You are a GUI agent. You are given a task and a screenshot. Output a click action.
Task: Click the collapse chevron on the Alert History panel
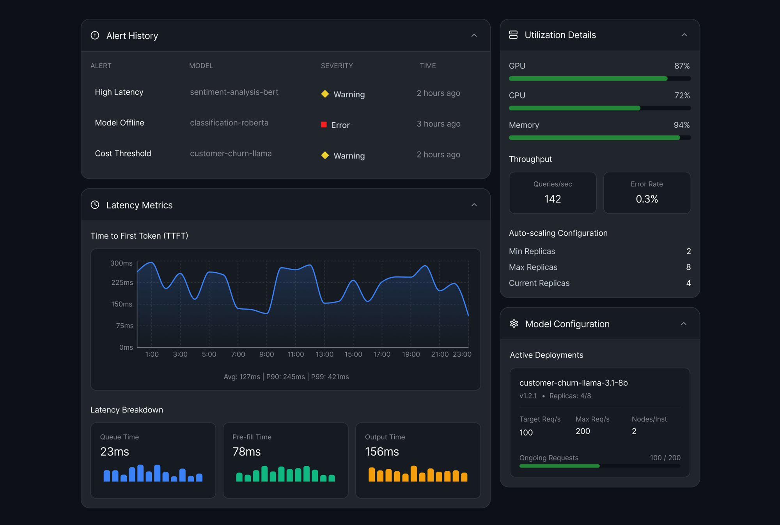pos(474,35)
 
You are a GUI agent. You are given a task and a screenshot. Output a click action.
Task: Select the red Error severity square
pos(324,125)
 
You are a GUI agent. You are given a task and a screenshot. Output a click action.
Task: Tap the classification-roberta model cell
pos(229,123)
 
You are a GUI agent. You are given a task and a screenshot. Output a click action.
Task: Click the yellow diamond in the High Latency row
pos(325,94)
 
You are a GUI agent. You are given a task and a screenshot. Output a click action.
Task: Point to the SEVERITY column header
pos(337,66)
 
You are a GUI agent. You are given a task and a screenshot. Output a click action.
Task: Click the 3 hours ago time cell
pos(438,124)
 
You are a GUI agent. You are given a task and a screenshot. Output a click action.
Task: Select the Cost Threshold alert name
pos(123,153)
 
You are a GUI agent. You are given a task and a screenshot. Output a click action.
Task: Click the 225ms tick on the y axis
pos(122,282)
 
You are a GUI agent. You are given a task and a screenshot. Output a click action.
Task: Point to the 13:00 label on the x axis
pos(324,354)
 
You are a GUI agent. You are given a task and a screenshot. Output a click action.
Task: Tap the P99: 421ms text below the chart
pos(330,377)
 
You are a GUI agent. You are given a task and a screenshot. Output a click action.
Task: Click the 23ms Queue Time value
pos(115,451)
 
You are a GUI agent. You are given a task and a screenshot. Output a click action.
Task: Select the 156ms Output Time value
pos(382,451)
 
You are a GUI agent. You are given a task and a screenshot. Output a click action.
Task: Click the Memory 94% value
pos(681,125)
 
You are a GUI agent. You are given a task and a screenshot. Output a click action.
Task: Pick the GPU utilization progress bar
pos(599,79)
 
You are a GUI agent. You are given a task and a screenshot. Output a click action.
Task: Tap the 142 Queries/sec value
pos(552,199)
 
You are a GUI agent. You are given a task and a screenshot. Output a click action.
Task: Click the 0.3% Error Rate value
pos(647,199)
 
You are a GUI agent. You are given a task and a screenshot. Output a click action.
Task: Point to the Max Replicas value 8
pos(688,267)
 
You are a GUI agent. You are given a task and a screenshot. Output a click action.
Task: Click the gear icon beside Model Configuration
pos(514,324)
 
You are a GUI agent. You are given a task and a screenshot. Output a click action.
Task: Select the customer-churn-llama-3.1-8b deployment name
pos(573,383)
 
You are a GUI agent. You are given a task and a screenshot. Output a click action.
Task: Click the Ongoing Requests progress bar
pos(599,466)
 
